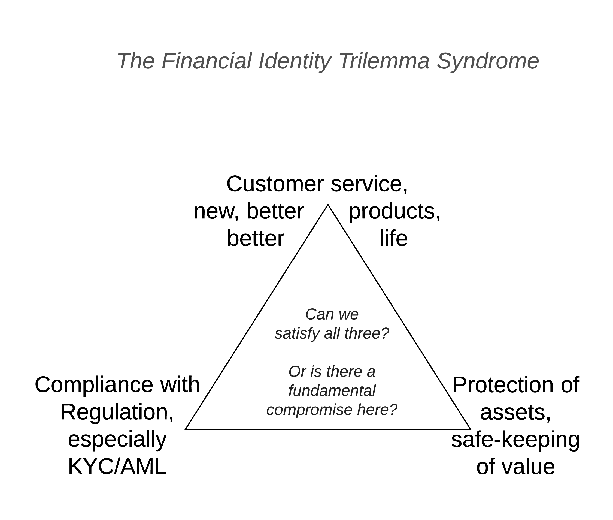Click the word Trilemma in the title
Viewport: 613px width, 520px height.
[384, 61]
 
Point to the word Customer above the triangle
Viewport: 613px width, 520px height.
[275, 184]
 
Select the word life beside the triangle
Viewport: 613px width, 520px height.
[393, 239]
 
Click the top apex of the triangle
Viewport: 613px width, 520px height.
[328, 205]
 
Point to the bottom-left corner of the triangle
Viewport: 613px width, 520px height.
[186, 429]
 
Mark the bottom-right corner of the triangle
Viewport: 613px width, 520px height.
[471, 429]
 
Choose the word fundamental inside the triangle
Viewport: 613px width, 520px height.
[332, 391]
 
